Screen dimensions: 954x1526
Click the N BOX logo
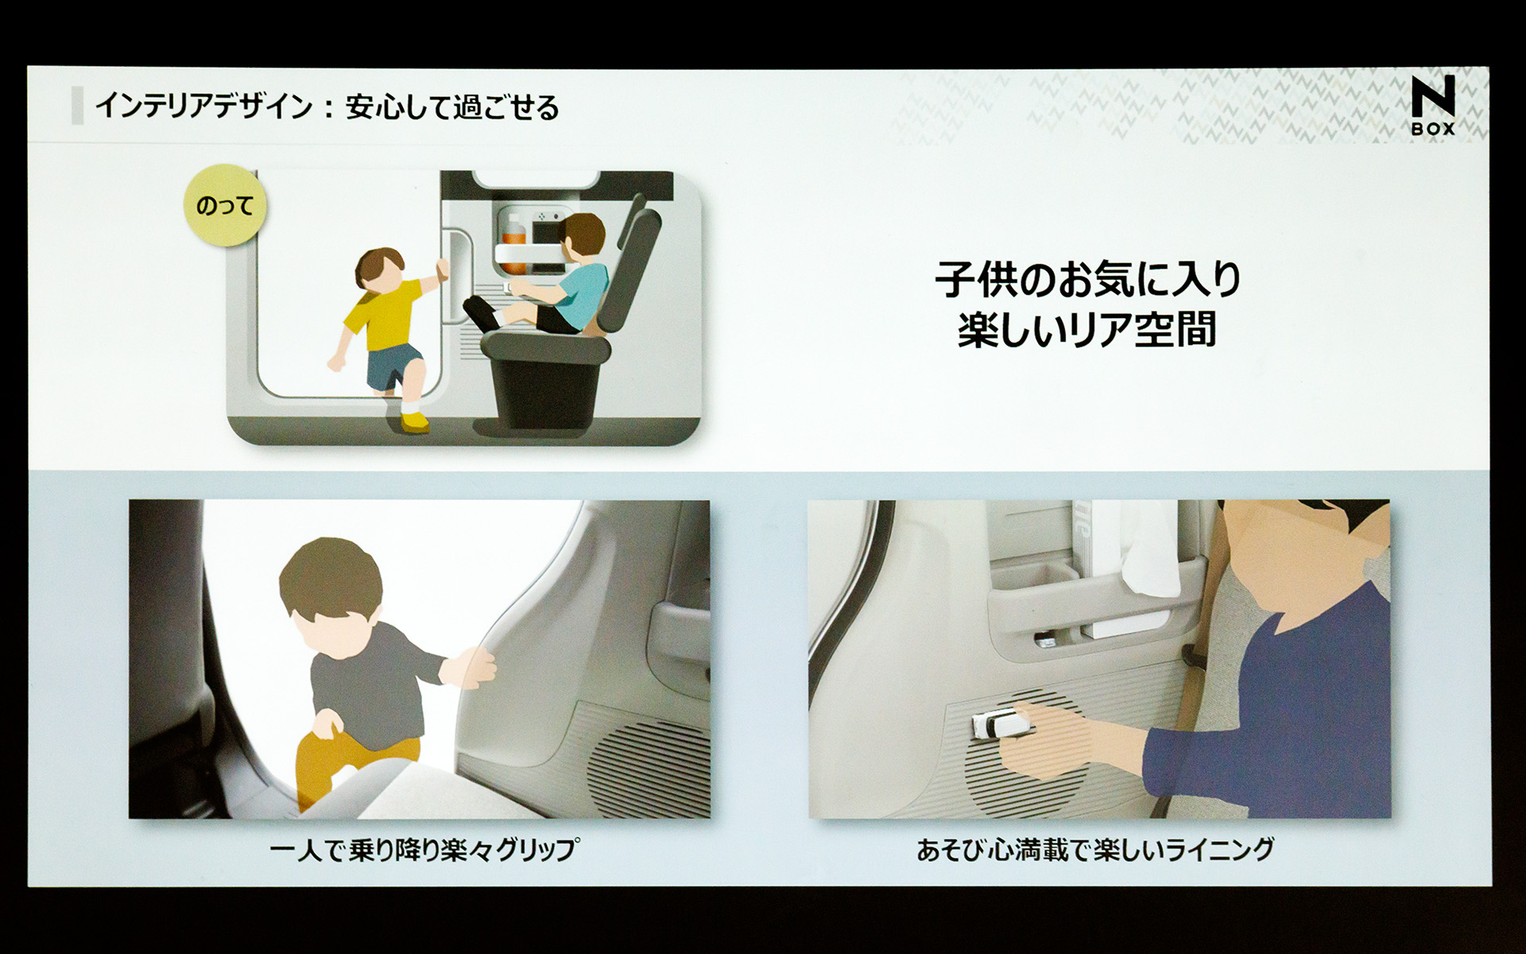(1433, 105)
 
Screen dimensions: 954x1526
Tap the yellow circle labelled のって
(224, 205)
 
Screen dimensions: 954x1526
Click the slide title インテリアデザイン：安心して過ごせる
(327, 107)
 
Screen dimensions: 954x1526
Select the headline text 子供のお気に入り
(1087, 279)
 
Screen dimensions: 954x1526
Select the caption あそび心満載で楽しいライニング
(1095, 850)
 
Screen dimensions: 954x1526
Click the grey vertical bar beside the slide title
(77, 106)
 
